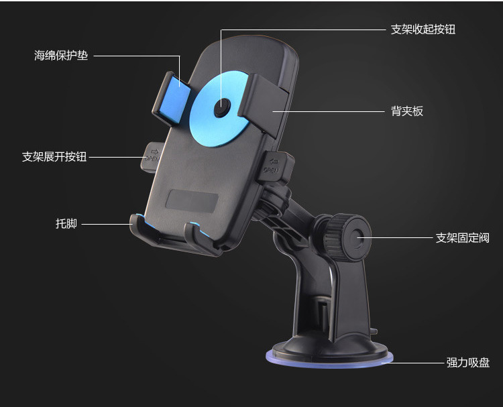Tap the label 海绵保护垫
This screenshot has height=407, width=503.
61,56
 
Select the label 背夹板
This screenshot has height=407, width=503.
407,111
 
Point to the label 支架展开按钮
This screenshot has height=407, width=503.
54,157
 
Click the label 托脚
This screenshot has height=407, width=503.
66,223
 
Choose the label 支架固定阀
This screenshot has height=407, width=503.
462,238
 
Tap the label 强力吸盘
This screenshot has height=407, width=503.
468,363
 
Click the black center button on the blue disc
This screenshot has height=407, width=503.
221,107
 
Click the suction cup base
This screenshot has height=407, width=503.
329,352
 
